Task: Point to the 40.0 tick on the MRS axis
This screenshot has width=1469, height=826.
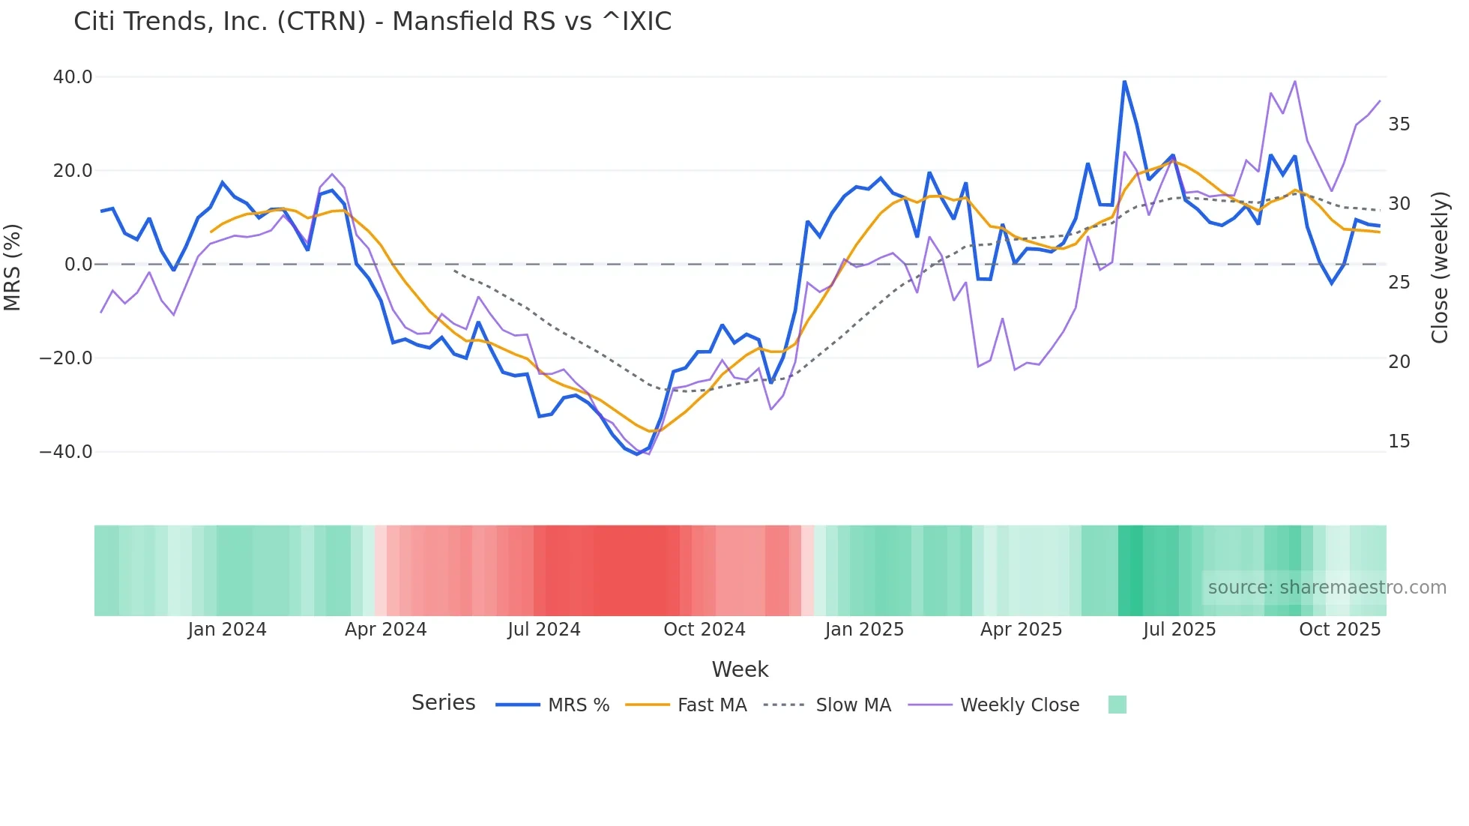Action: click(73, 77)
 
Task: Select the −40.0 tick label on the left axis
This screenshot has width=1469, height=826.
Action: click(66, 452)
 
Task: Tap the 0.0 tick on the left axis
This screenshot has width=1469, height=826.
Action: click(78, 265)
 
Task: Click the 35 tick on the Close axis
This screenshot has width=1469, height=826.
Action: click(1399, 124)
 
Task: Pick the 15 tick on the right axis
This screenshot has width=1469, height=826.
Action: click(1399, 441)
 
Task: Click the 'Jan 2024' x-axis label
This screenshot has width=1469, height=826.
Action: click(227, 630)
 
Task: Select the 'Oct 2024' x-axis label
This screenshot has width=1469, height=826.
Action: click(704, 630)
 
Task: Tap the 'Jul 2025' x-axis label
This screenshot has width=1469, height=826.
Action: click(1179, 630)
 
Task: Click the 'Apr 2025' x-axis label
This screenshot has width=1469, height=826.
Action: click(1021, 630)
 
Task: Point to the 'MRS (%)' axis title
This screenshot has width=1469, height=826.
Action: click(13, 267)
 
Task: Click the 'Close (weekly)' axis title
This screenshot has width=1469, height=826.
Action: click(1440, 268)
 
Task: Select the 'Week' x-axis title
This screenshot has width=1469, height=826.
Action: click(740, 669)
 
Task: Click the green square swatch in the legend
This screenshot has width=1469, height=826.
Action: click(1117, 705)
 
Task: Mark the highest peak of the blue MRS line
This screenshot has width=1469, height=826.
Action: click(1124, 81)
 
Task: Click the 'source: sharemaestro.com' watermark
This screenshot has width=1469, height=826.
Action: click(1327, 588)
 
